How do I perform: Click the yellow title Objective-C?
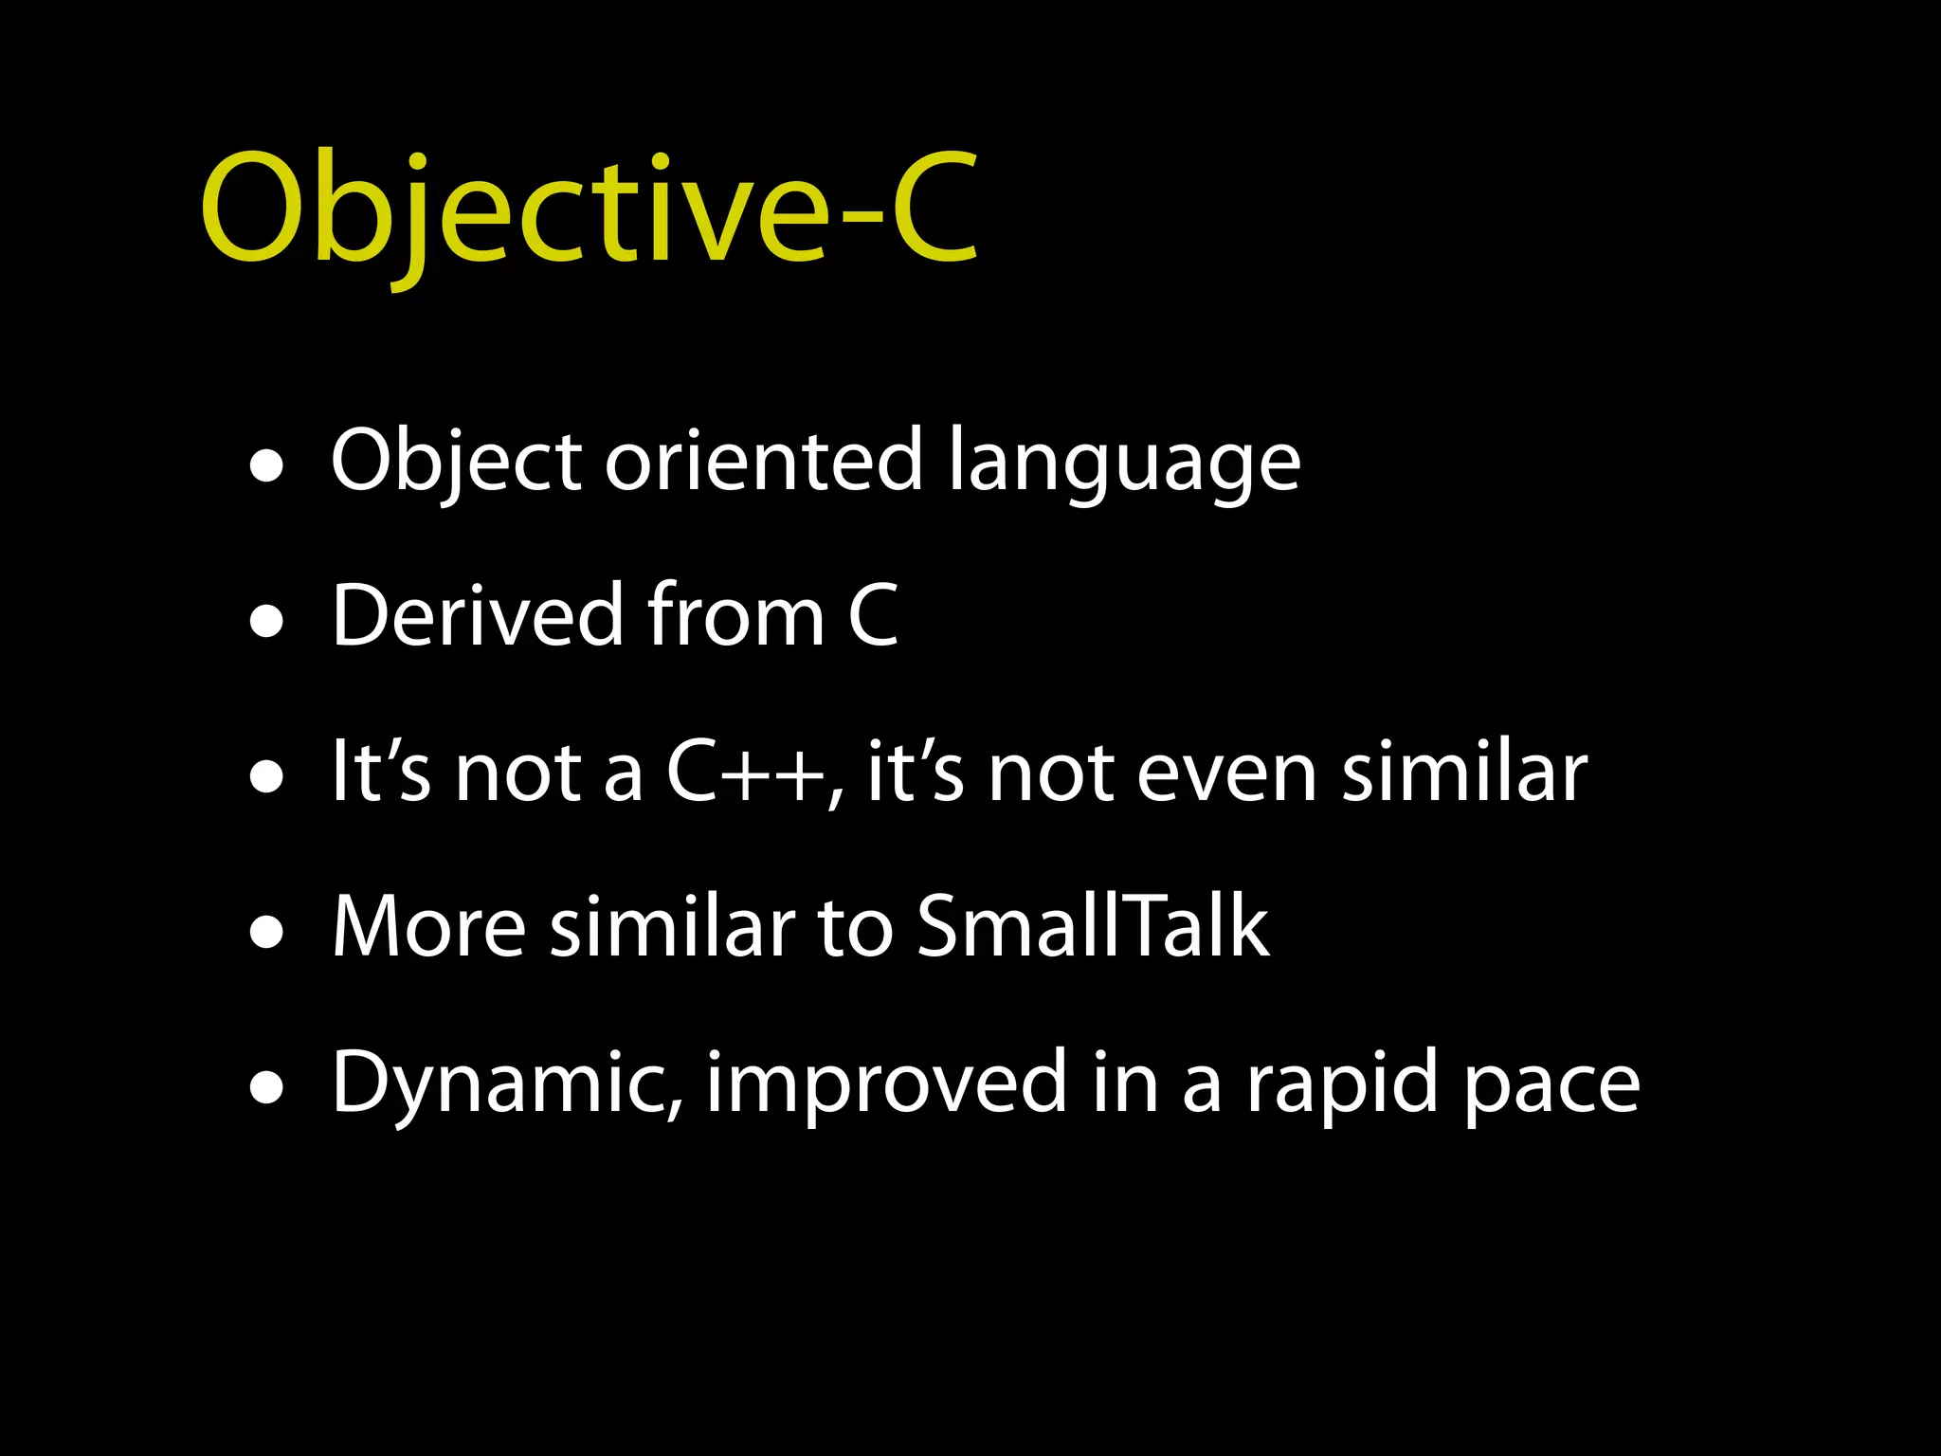click(x=589, y=210)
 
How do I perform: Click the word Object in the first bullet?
click(x=456, y=462)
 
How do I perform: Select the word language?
click(x=1124, y=464)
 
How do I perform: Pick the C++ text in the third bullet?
click(x=744, y=772)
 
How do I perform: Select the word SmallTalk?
click(x=1092, y=926)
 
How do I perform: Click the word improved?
click(x=887, y=1083)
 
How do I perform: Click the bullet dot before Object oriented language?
click(x=267, y=466)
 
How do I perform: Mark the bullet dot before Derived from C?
click(x=267, y=623)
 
